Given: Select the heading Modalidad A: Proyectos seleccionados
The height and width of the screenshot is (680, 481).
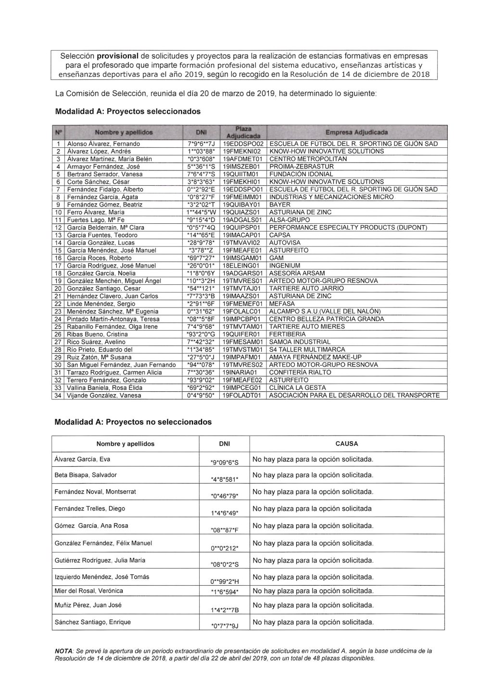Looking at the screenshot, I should click(128, 111).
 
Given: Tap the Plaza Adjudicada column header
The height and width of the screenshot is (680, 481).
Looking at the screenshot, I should click(243, 132).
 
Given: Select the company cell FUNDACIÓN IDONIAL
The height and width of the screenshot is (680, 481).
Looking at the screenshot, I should click(301, 174).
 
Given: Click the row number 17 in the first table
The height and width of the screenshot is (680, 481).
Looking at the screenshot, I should click(58, 266).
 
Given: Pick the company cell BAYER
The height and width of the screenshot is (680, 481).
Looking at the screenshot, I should click(280, 205).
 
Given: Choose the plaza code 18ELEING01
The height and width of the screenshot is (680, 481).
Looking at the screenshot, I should click(241, 266).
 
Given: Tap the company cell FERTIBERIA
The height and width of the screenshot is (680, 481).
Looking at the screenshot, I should click(288, 334).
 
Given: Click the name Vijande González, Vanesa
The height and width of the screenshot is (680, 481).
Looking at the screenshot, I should click(104, 396).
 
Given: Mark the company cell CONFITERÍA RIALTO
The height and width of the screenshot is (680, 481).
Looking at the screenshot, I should click(300, 372).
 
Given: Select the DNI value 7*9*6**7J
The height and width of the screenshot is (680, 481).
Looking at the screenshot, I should click(201, 144).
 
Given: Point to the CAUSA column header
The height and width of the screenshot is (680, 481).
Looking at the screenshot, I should click(347, 444).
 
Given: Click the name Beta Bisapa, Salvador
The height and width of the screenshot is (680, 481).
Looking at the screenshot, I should click(86, 475).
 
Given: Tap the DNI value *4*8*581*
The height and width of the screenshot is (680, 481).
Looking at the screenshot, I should click(225, 479).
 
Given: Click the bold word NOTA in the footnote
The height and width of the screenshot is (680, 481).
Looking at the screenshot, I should click(64, 651).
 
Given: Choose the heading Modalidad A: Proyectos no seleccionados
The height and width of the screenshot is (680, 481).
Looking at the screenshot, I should click(133, 422).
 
